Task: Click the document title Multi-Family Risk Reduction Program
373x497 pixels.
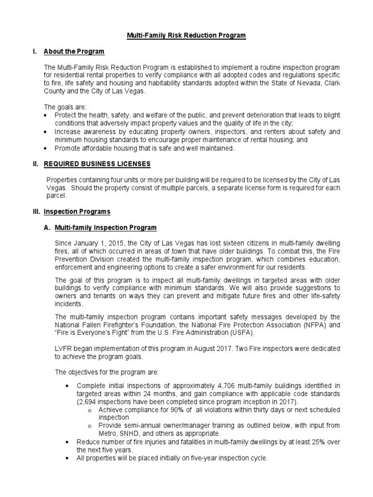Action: click(x=186, y=35)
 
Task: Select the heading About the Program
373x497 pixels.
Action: click(x=74, y=51)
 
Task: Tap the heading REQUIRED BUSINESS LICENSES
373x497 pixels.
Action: click(x=97, y=164)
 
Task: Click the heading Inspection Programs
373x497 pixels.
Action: click(x=77, y=212)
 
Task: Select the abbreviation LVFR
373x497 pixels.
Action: click(x=64, y=348)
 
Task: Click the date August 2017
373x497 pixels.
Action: click(x=224, y=348)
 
